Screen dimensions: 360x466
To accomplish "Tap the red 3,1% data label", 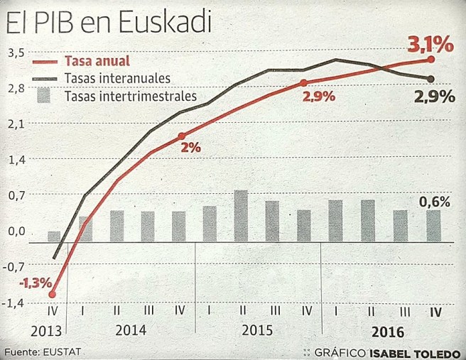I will coord(429,45).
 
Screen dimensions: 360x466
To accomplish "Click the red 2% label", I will coord(191,148).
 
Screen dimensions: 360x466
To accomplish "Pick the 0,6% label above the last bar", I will coord(435,202).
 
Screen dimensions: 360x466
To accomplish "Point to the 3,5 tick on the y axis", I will coord(16,53).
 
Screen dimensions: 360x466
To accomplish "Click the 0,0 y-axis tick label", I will coord(16,231).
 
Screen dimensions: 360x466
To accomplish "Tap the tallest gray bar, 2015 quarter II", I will coord(241,216).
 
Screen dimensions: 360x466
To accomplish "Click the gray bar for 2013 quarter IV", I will coord(54,236).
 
